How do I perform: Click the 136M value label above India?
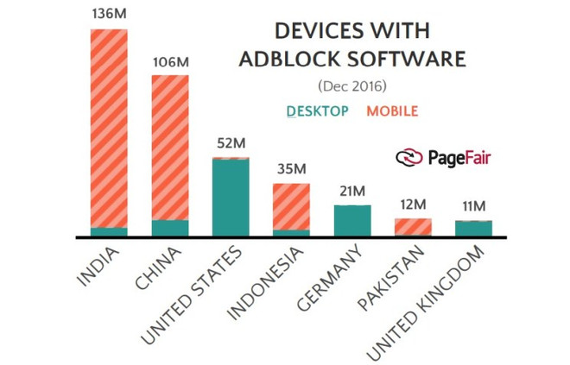pos(108,13)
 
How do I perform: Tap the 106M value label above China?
pos(169,62)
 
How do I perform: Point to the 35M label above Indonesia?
pos(291,168)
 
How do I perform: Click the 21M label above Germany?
pos(352,191)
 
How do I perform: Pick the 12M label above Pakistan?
pos(413,205)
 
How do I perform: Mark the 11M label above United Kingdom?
pos(473,206)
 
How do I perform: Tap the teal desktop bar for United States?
pos(231,198)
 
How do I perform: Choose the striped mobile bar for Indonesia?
pos(291,206)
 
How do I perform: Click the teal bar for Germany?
pos(352,220)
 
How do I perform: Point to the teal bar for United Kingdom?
pos(473,228)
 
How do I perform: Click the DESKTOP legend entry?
pos(317,111)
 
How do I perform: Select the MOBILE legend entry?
pos(392,111)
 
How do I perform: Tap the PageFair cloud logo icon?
pos(408,157)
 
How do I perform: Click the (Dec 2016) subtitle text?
pos(351,86)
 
